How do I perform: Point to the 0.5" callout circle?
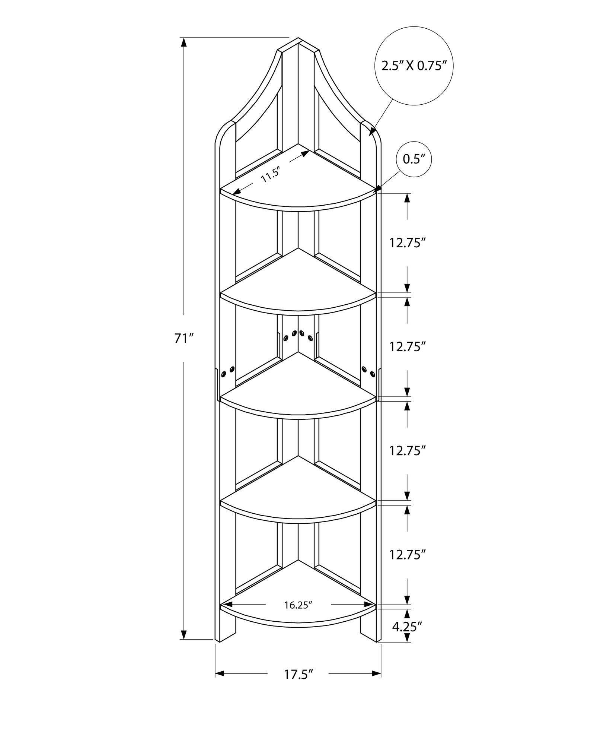414,159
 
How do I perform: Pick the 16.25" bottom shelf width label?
298,605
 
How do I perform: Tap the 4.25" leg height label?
407,627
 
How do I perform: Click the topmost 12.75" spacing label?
407,243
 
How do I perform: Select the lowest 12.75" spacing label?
407,555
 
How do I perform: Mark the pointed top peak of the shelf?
298,39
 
